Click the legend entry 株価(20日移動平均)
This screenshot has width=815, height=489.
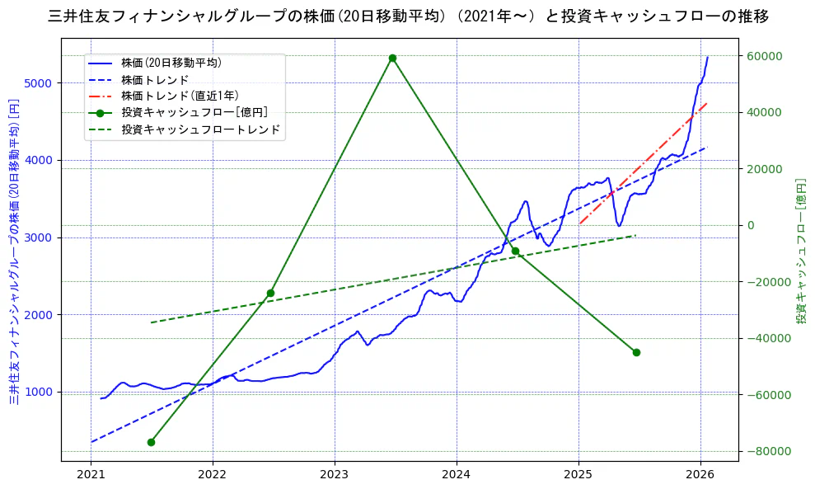click(171, 63)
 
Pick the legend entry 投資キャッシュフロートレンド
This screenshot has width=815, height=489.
click(200, 129)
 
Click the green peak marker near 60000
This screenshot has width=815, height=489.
click(392, 58)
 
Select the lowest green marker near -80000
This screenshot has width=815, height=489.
click(151, 442)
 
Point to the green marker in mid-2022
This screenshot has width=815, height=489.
click(270, 293)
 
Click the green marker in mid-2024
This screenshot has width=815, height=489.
click(515, 251)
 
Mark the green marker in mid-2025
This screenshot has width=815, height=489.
click(636, 352)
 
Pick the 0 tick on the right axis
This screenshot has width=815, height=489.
click(750, 225)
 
